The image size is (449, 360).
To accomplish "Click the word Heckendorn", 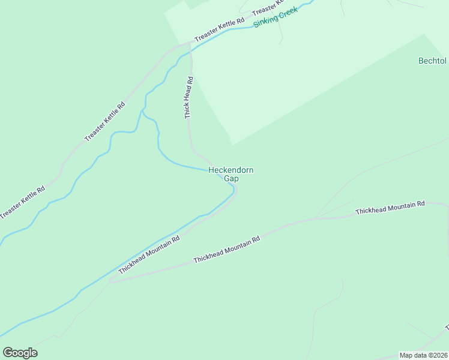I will pos(231,170).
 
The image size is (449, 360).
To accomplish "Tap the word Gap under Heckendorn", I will pos(231,178).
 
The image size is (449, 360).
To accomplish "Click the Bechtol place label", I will pos(432,61).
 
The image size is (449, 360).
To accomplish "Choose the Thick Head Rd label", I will pos(188,97).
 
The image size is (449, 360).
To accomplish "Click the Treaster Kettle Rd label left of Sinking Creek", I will pos(220,29).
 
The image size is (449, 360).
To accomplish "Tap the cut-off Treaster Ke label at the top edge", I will pos(268,9).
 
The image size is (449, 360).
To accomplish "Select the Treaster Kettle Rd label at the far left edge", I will pos(22,202).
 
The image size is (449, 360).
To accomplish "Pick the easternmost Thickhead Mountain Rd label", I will pos(390,208).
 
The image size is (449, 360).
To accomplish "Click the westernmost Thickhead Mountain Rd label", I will pos(149,254).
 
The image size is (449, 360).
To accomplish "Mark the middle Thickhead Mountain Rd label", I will pos(226,250).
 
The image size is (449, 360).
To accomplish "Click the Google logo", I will pos(20,353).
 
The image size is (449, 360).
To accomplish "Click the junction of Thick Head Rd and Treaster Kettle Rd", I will pos(190,44).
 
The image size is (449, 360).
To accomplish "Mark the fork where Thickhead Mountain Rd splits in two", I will pos(112,280).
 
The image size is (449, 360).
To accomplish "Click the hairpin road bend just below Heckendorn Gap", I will pos(235,191).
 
